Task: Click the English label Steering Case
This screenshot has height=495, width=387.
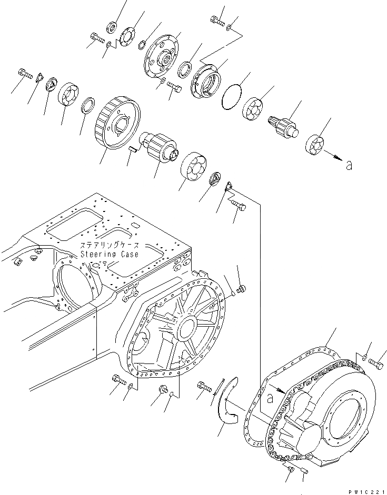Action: (110, 254)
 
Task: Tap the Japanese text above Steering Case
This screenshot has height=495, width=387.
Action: (110, 246)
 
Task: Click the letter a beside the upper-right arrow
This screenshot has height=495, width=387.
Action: (349, 166)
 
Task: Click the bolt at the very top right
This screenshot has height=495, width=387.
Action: (217, 21)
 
